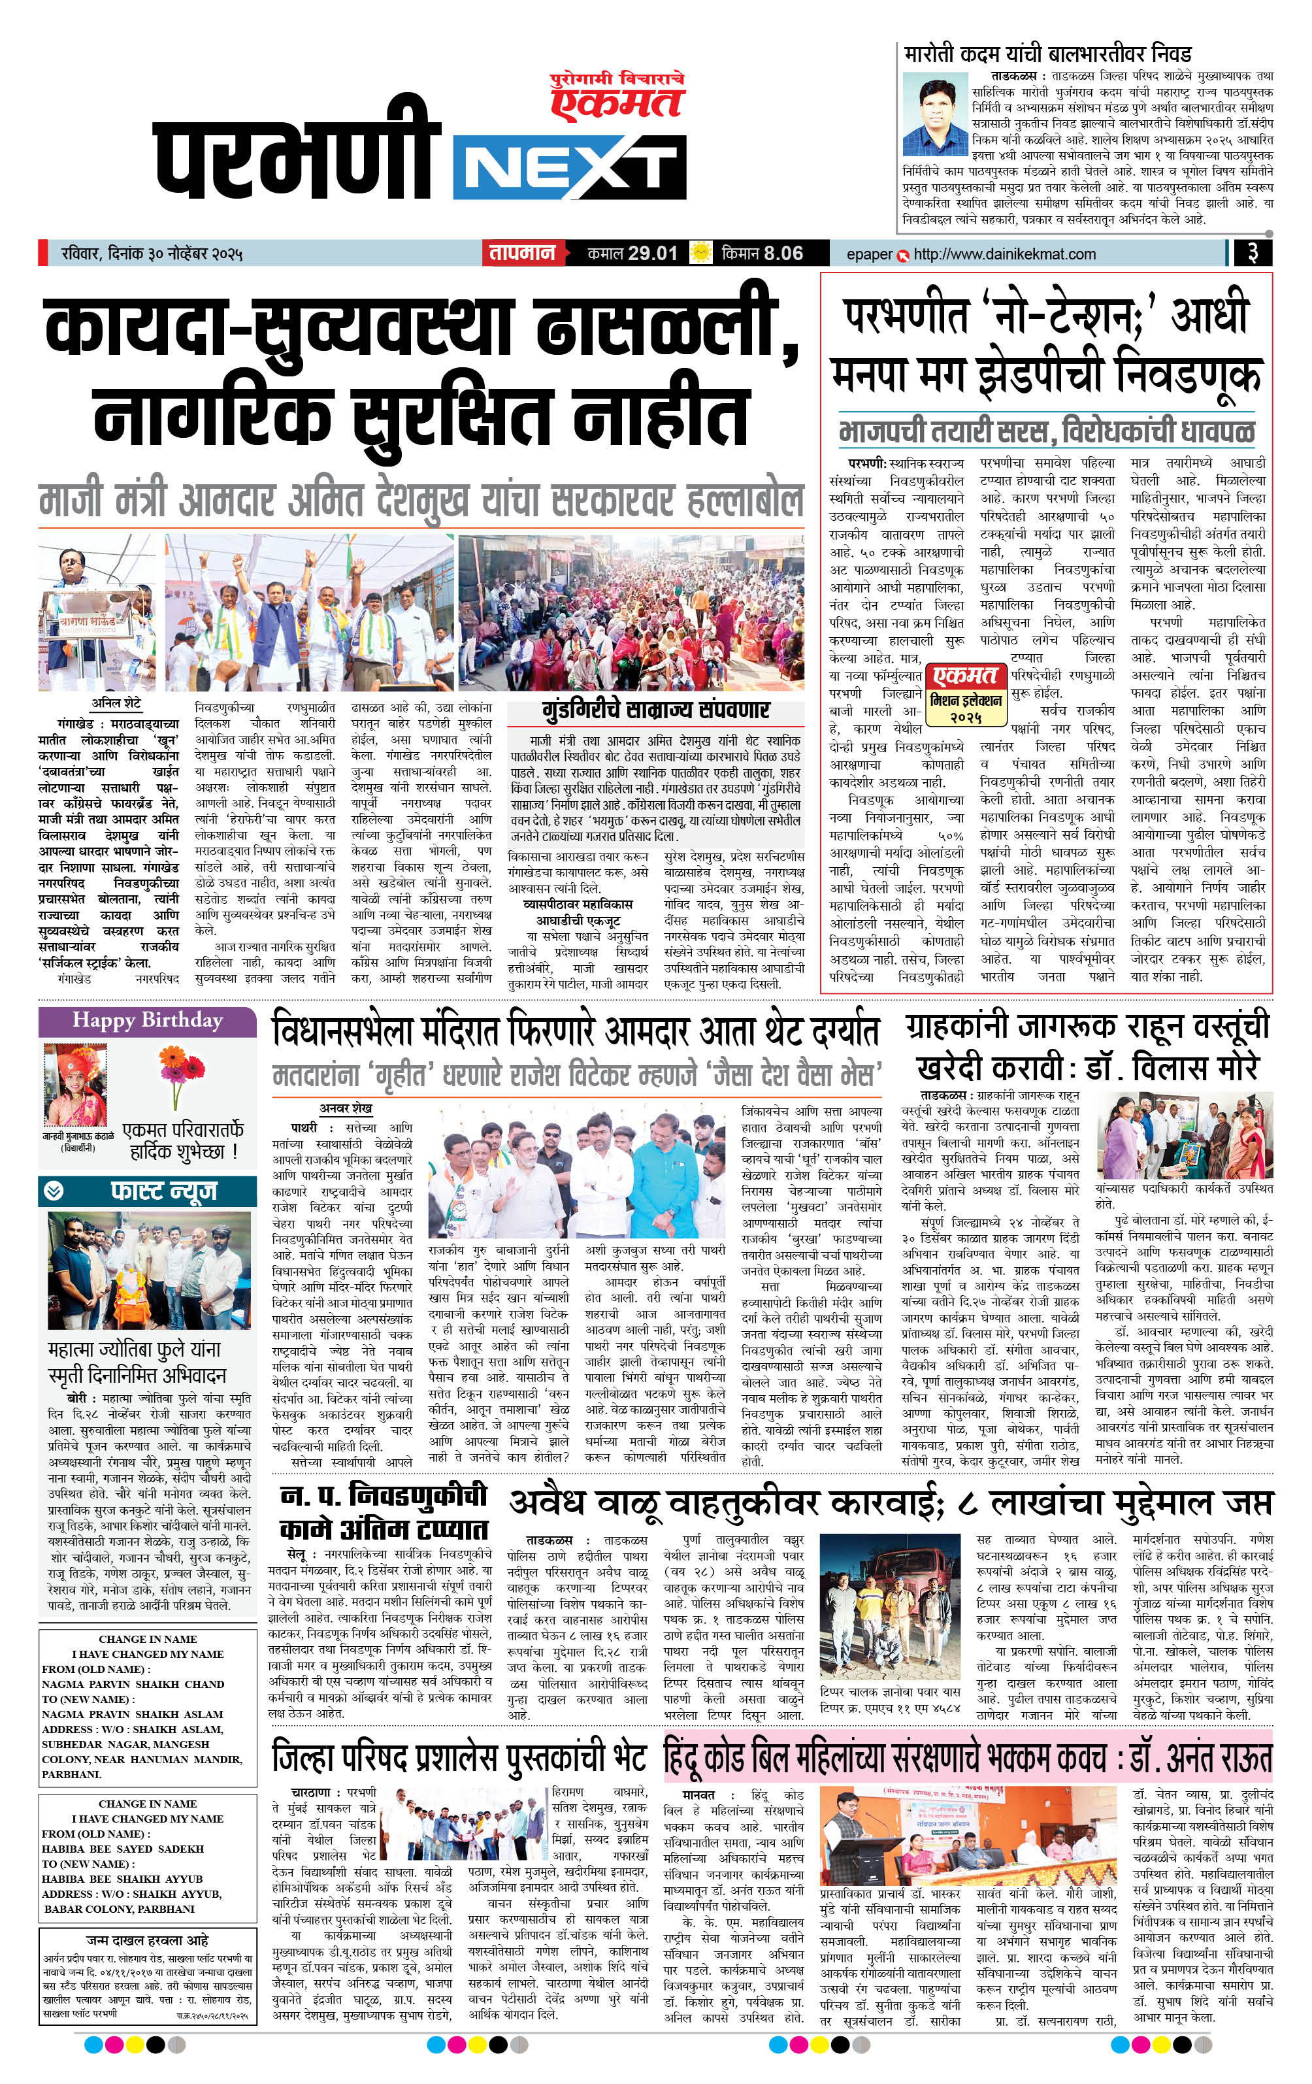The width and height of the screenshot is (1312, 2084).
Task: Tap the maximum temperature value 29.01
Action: [653, 254]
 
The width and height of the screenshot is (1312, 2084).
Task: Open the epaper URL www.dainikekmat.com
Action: [1004, 254]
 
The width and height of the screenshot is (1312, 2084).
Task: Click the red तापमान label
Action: [522, 254]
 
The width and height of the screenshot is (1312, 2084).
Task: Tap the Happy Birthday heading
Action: [147, 1020]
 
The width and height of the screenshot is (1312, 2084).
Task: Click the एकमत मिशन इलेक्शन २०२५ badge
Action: [966, 695]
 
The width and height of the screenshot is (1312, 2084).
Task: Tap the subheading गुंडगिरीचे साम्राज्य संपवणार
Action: [657, 710]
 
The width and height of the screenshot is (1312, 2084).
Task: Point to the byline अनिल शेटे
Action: [116, 704]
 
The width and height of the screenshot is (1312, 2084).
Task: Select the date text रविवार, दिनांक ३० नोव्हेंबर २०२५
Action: [152, 254]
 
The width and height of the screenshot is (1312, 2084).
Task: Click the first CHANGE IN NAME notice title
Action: [148, 1639]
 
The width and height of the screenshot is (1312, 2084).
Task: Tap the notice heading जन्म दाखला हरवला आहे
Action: [147, 1941]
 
